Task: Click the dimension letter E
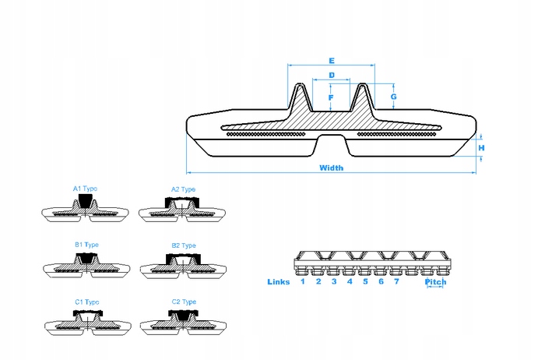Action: pos(332,60)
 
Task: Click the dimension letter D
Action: pos(332,75)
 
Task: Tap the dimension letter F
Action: pos(331,97)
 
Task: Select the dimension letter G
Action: pos(394,97)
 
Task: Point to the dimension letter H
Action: pos(481,147)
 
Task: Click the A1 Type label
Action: pos(85,189)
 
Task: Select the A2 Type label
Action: pos(183,189)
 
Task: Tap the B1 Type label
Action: pos(86,245)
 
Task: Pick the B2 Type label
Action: pos(183,245)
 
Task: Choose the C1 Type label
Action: pos(86,301)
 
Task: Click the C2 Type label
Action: pos(183,301)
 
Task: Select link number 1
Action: pos(303,281)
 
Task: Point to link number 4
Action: pos(350,281)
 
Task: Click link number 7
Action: pos(396,281)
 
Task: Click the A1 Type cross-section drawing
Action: pos(84,210)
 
